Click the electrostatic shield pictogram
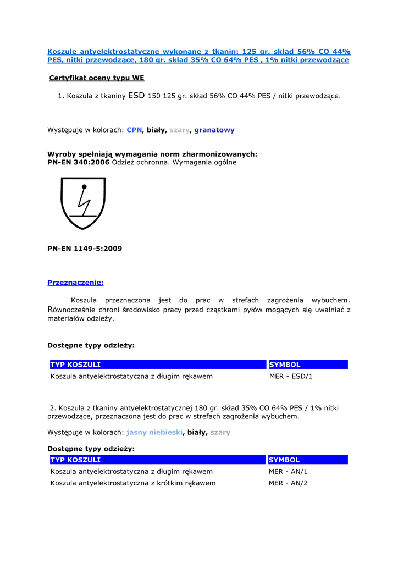tap(83, 202)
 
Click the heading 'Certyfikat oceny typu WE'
tap(97, 78)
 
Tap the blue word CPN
tap(134, 130)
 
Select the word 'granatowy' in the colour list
tap(214, 130)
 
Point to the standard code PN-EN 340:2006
tap(79, 162)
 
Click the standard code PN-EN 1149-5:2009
tap(85, 249)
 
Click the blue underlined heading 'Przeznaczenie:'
tap(75, 283)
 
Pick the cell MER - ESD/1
tap(291, 377)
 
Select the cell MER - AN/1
tap(288, 472)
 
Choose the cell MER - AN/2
tap(288, 483)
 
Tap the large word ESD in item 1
tap(136, 96)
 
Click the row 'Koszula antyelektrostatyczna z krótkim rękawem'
tap(133, 483)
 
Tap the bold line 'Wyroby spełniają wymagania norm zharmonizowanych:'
tap(152, 154)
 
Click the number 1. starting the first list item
tap(61, 96)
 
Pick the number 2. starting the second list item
tap(53, 408)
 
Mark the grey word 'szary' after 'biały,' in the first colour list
tap(179, 130)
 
